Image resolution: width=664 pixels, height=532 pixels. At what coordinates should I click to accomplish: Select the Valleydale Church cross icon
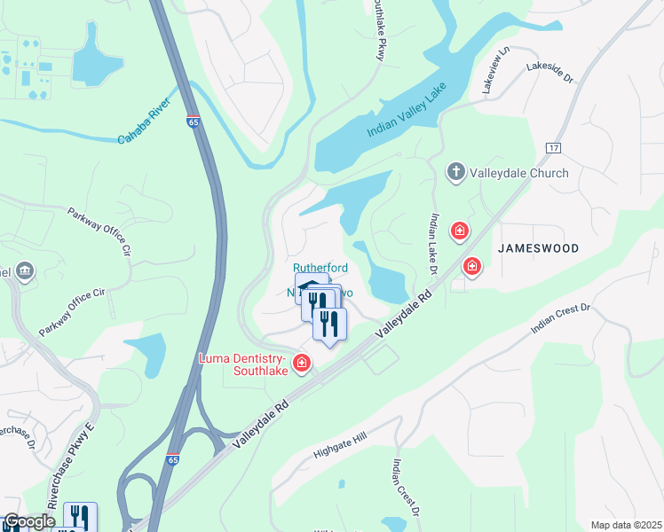point(456,172)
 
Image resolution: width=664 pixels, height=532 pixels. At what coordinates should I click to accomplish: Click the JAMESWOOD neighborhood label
point(538,249)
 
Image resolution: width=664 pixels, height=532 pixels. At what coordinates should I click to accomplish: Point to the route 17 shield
point(554,146)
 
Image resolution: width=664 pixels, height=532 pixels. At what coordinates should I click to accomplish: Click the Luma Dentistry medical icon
point(302,363)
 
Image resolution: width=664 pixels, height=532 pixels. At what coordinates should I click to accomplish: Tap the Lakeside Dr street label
point(550,72)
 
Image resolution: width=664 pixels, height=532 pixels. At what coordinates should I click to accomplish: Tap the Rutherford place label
point(320,268)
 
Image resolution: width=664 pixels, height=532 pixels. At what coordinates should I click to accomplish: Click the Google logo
point(28,522)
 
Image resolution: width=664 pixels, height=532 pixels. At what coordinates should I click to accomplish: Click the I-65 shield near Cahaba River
point(193,122)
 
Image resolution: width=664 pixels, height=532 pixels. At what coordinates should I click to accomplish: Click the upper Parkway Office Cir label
point(100,232)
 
